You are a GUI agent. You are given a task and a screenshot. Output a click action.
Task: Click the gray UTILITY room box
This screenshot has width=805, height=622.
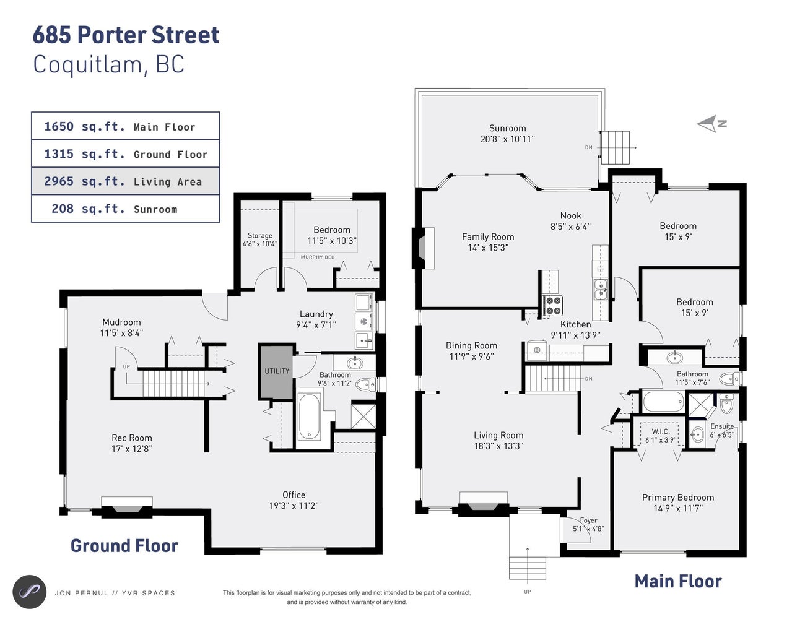(276, 371)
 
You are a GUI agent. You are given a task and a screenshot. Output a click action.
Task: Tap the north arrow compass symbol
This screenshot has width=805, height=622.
(711, 124)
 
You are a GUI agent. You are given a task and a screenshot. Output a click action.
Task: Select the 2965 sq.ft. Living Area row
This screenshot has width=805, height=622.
(126, 181)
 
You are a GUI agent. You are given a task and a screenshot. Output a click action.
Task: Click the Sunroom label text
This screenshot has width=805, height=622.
(507, 128)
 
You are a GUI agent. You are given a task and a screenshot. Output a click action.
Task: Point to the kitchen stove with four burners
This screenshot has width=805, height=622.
(552, 305)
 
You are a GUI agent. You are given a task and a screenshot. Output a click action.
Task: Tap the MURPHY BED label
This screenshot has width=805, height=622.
(318, 257)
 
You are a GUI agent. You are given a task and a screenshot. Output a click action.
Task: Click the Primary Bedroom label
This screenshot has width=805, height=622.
(677, 498)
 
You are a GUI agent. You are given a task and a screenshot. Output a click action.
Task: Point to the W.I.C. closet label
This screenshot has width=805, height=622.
(660, 431)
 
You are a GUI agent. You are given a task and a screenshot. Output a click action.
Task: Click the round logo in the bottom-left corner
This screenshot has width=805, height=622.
(30, 592)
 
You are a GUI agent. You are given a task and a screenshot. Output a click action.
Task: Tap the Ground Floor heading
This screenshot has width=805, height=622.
(124, 546)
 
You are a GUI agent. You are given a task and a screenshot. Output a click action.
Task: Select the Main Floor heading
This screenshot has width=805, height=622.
(678, 582)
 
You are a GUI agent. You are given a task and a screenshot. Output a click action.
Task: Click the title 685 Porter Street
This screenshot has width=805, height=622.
(126, 35)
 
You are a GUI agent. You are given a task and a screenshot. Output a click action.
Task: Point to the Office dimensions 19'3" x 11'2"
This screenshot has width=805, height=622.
(294, 506)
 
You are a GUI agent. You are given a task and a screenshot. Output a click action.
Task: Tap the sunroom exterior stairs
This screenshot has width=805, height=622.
(616, 147)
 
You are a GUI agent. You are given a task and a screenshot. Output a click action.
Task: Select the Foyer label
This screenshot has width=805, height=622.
(588, 520)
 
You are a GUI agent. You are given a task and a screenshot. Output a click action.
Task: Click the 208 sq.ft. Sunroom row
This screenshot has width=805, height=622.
(126, 209)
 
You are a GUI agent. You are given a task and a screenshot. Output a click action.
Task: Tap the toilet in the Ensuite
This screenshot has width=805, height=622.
(726, 404)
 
